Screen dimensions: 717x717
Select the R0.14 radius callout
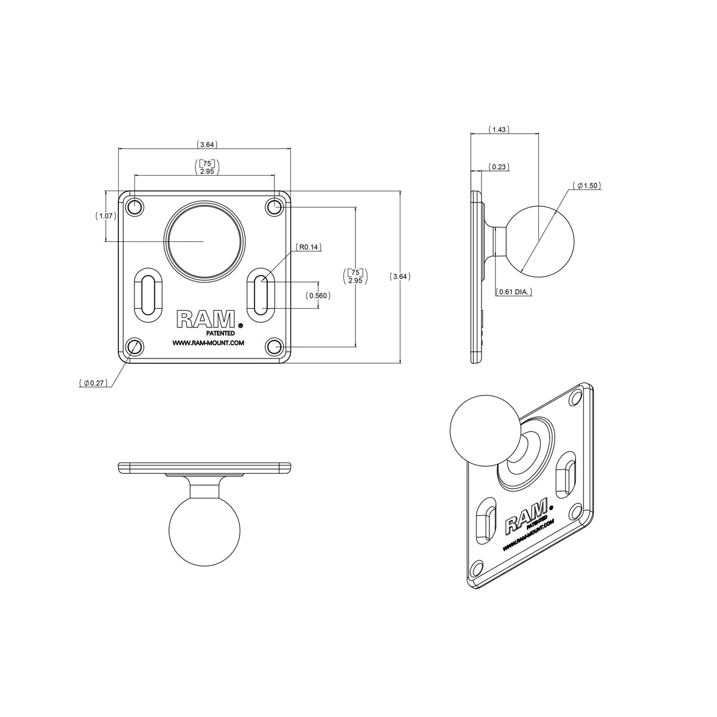pos(309,247)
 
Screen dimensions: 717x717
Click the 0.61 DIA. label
pos(515,292)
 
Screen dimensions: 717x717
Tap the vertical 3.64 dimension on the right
pos(400,276)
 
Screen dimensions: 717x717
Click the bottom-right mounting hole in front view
pos(274,347)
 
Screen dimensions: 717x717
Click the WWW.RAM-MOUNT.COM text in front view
pos(208,343)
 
